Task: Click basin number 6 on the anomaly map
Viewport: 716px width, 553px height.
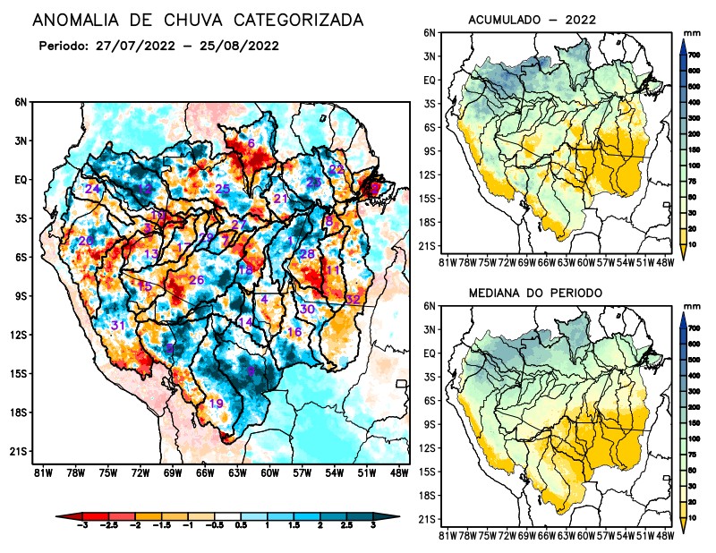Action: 251,143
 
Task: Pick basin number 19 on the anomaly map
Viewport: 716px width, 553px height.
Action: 216,404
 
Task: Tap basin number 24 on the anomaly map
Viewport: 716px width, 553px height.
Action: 92,189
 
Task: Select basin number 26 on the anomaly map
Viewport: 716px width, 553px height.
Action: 197,281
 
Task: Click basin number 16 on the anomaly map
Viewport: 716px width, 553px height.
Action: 294,332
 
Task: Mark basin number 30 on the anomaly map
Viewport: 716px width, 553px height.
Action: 307,309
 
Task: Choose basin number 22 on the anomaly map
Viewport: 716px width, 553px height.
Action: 337,169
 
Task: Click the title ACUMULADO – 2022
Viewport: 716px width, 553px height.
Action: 532,19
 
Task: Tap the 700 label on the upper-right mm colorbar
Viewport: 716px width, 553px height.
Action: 695,55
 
